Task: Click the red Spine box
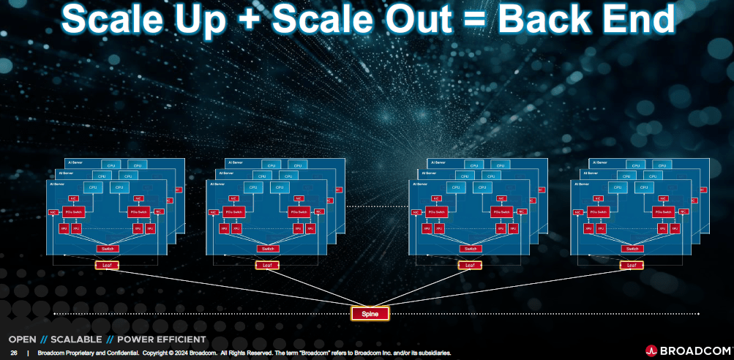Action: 369,313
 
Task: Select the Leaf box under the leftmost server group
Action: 107,264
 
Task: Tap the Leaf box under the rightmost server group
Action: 632,264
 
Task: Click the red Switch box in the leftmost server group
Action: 107,249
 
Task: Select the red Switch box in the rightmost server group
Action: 632,249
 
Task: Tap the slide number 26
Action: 13,353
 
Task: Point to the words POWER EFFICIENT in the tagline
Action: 161,340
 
